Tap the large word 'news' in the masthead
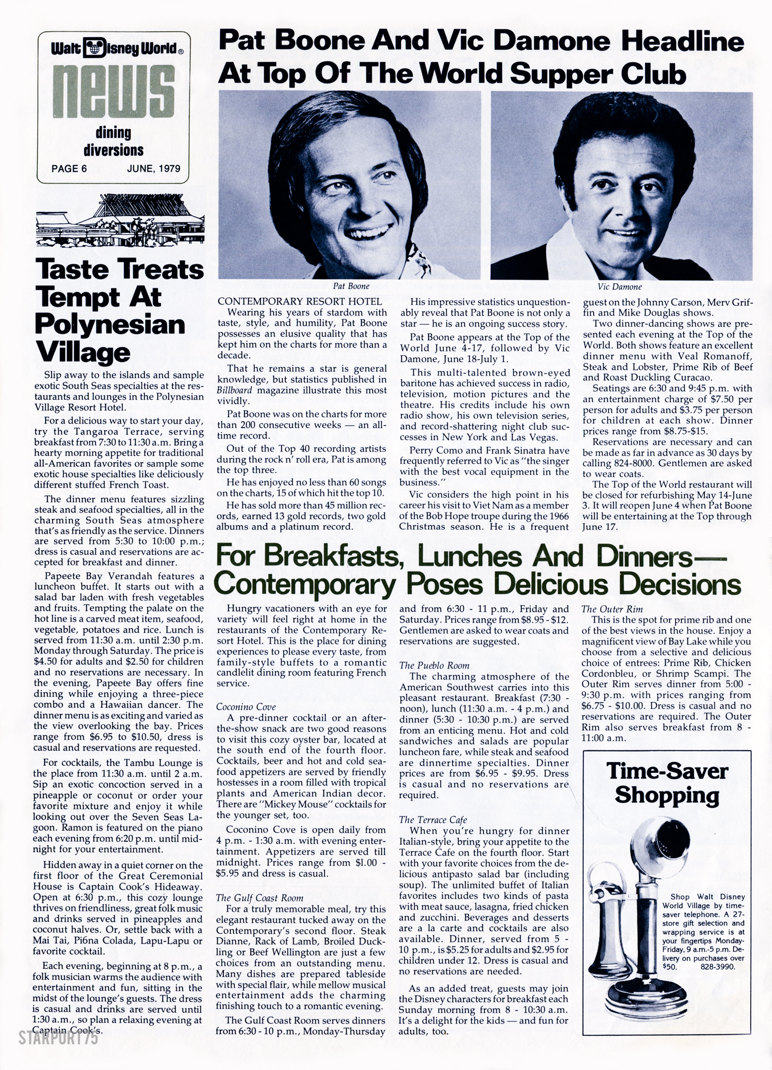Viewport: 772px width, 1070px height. point(113,94)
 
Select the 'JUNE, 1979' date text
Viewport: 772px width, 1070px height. point(153,168)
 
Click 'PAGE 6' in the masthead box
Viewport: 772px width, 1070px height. point(69,168)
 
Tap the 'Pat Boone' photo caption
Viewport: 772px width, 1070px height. point(351,286)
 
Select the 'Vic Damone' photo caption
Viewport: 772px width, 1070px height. point(619,286)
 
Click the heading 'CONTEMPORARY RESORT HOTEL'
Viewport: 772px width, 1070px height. point(299,302)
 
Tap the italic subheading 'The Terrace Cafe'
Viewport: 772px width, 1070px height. point(433,819)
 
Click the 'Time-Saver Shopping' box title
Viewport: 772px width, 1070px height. point(667,783)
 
